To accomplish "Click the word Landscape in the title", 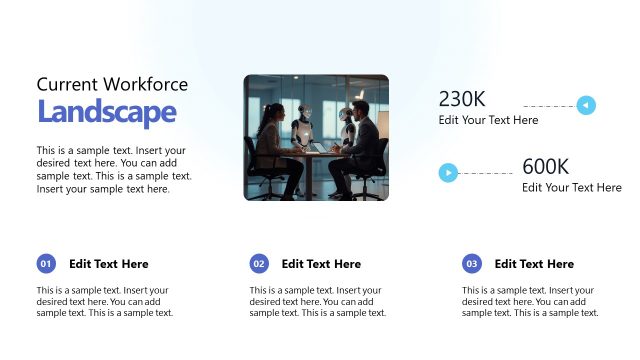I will (106, 113).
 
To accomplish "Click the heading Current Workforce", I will (112, 85).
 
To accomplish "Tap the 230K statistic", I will (462, 99).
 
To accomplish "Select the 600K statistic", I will (545, 167).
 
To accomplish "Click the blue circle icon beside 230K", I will (587, 105).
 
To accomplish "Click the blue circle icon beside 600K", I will (449, 173).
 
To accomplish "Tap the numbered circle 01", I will (46, 264).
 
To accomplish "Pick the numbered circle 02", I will (259, 264).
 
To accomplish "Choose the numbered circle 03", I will (472, 264).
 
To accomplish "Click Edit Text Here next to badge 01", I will (108, 264).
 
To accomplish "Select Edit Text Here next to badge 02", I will (321, 264).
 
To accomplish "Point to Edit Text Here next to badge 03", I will (534, 264).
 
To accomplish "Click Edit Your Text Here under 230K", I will (488, 120).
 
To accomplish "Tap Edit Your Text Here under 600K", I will (571, 187).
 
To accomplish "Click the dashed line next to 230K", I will (549, 105).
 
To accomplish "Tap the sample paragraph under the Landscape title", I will (113, 170).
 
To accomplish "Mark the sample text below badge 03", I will (530, 301).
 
